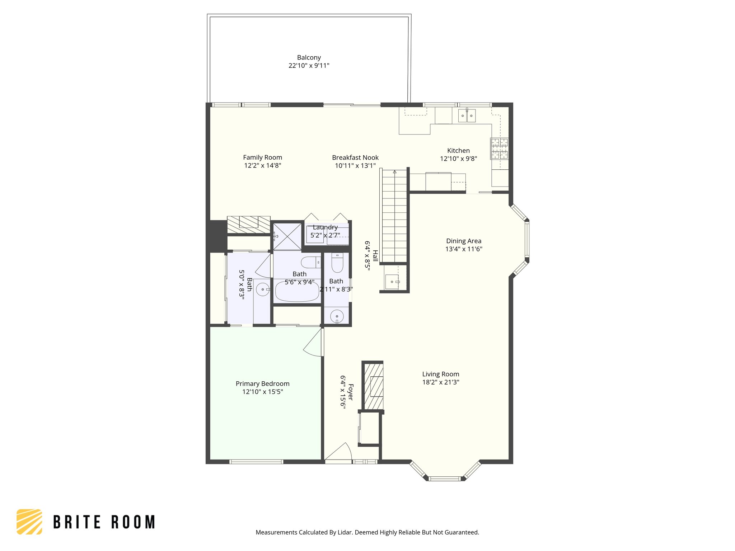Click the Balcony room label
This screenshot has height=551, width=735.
coord(309,57)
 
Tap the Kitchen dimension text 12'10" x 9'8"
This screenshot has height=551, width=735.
coord(458,159)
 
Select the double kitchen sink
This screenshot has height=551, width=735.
coord(467,116)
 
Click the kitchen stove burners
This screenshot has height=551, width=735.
coord(499,149)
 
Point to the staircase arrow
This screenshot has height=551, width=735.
coord(394,172)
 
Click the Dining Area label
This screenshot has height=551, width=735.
coord(463,241)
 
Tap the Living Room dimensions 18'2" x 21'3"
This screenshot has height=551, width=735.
coord(440,382)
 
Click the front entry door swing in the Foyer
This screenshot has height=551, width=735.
coord(339,452)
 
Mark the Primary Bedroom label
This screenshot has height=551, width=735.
coord(262,383)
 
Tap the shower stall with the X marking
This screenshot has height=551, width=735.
coord(287,236)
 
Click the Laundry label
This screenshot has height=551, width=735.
coord(325,227)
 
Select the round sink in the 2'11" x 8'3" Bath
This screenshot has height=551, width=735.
coord(337,317)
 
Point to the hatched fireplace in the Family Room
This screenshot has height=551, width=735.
coord(249,224)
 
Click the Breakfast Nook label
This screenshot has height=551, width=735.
coord(355,157)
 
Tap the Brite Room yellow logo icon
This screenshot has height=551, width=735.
coord(29,522)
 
